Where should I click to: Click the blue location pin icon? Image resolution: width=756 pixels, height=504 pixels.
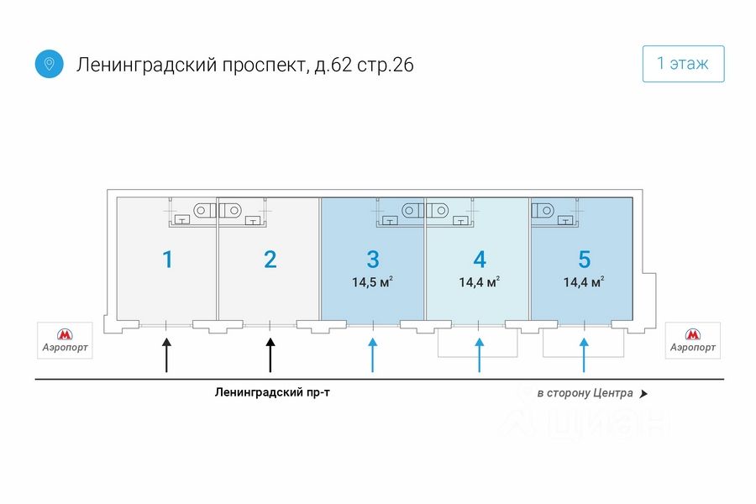click(50, 64)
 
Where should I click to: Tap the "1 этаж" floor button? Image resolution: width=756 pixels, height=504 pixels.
click(683, 64)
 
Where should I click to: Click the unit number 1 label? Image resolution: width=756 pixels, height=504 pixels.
click(167, 260)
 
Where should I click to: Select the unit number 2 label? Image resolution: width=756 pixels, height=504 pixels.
click(270, 260)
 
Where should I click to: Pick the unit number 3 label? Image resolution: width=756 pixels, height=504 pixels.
click(373, 260)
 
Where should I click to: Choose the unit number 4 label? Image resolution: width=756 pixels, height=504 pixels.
click(480, 260)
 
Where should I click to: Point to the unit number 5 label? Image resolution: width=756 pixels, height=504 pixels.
click(585, 260)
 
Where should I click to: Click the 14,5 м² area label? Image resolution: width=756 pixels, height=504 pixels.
click(372, 281)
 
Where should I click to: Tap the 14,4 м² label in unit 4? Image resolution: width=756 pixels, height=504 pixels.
click(479, 281)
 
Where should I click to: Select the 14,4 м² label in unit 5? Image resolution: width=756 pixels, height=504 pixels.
click(584, 281)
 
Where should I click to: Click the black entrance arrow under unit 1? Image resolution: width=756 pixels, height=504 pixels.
click(166, 355)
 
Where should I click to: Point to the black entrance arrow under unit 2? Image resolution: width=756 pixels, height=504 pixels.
click(270, 355)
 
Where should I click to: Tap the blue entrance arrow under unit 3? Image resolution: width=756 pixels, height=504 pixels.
click(373, 355)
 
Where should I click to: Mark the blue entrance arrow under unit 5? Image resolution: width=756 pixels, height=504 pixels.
click(584, 355)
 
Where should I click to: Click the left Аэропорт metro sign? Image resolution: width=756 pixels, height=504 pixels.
click(65, 340)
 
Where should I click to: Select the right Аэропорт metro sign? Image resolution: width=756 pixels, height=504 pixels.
click(693, 340)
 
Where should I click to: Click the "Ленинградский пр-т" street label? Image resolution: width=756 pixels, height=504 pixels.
click(272, 392)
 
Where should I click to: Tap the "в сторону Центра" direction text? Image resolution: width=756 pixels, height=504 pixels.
click(585, 393)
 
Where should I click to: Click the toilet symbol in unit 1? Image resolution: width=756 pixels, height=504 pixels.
click(205, 210)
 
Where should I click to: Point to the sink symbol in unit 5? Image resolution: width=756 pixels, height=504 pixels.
click(565, 220)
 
